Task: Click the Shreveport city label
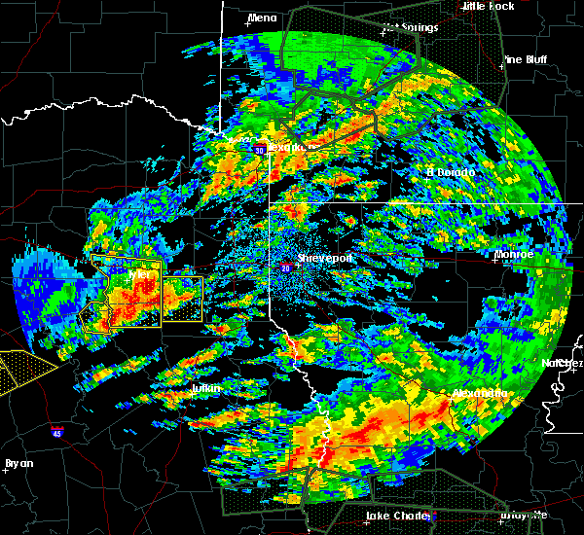click(x=327, y=258)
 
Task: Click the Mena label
click(x=262, y=18)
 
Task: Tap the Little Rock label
click(x=488, y=6)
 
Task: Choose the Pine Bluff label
click(x=526, y=60)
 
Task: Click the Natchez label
click(x=564, y=363)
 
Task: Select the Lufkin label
click(x=205, y=389)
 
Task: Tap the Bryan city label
click(x=19, y=463)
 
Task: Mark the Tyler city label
click(x=143, y=275)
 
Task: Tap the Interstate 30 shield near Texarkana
click(x=260, y=150)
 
